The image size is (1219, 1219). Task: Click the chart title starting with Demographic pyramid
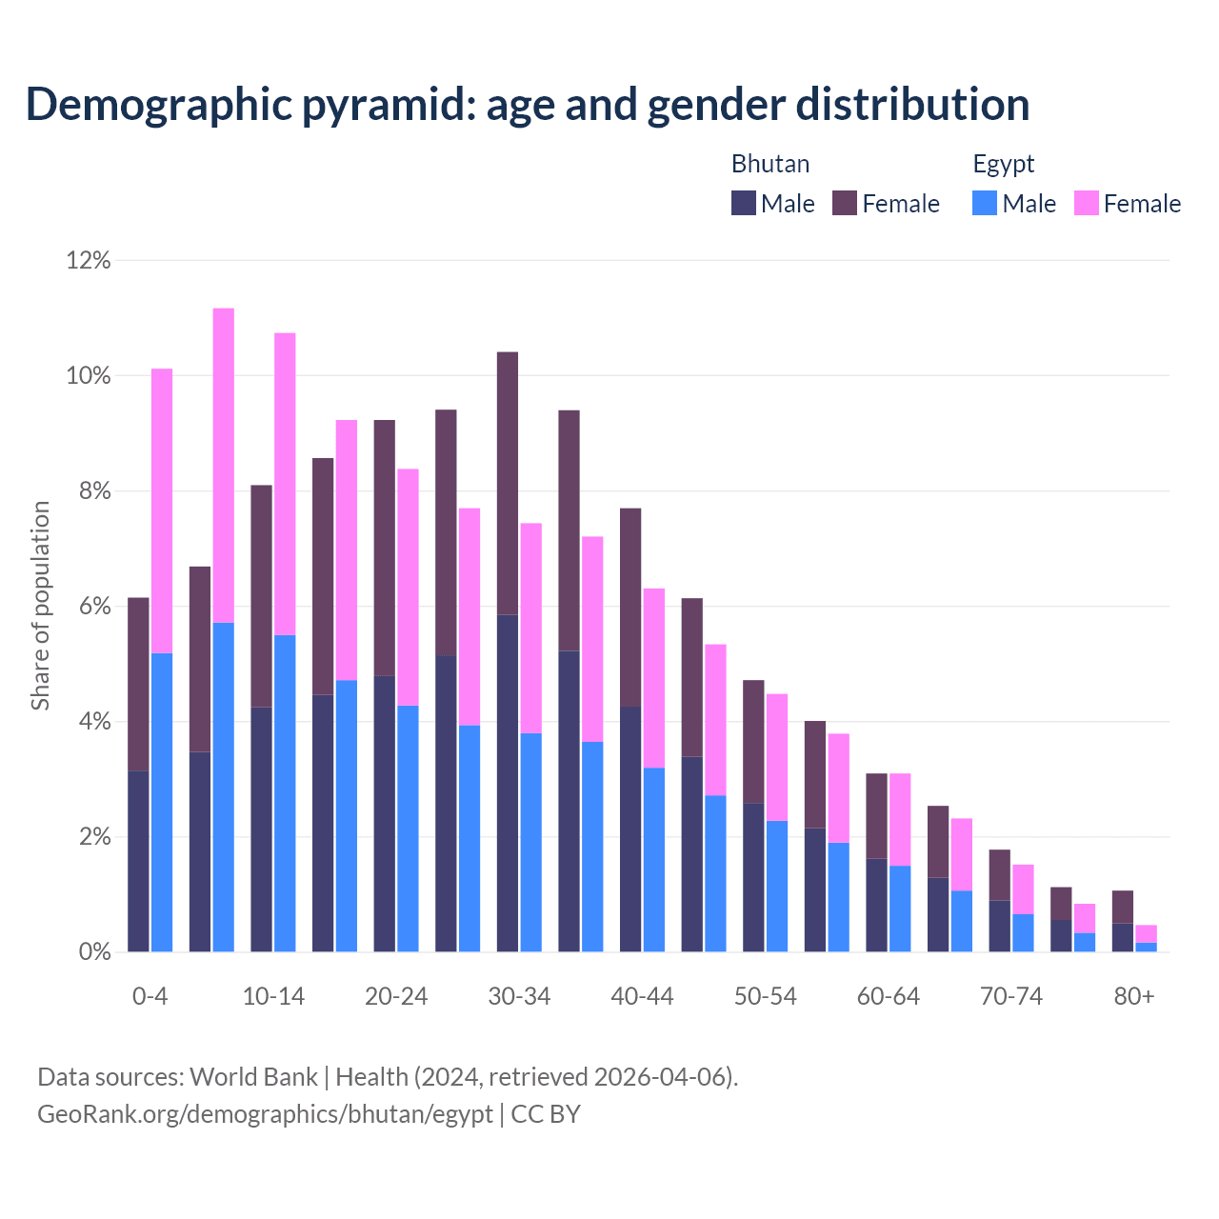pos(528,105)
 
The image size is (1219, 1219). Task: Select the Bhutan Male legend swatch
pos(744,203)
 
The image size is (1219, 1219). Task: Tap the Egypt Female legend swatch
pos(1086,203)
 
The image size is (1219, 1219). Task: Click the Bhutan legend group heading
pos(770,164)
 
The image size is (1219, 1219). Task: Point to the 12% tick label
pos(89,260)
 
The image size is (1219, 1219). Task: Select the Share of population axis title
pos(40,606)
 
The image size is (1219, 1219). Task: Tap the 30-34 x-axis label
pos(519,997)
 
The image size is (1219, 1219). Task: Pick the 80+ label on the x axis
pos(1134,997)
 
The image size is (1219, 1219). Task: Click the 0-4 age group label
pos(150,997)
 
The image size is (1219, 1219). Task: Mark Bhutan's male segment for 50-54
pos(753,877)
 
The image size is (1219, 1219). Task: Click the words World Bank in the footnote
pos(253,1077)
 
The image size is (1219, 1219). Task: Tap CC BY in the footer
pos(546,1114)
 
